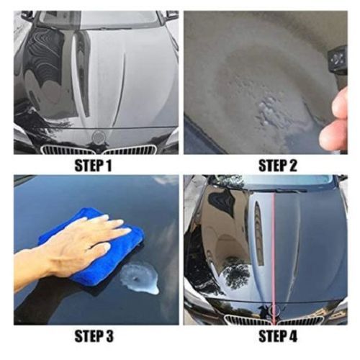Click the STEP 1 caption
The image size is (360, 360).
(93, 166)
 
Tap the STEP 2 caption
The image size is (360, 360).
(278, 166)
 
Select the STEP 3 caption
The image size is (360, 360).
(94, 336)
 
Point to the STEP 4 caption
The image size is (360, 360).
(278, 336)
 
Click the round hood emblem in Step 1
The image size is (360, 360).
(97, 137)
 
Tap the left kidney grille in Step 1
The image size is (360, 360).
(68, 150)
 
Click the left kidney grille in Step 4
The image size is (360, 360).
(248, 320)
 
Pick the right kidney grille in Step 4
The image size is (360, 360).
(300, 320)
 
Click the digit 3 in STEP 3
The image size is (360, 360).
(109, 336)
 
